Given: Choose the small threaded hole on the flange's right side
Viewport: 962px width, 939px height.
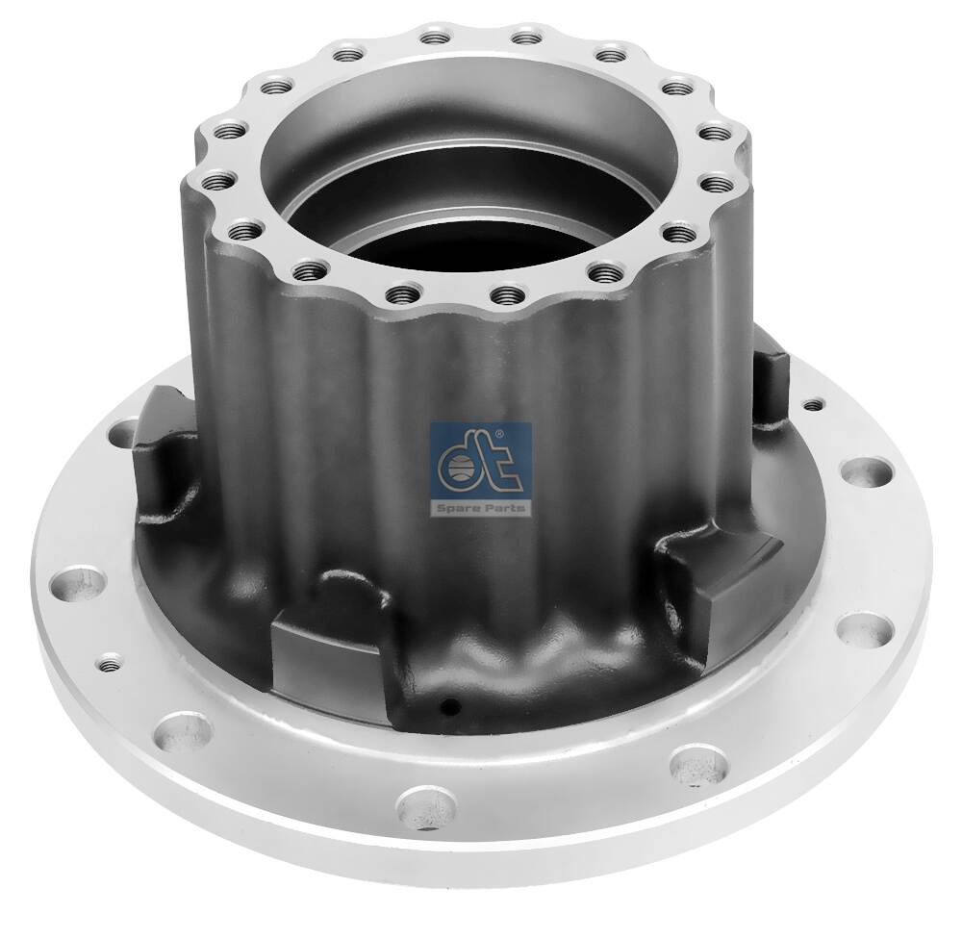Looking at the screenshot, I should tap(816, 405).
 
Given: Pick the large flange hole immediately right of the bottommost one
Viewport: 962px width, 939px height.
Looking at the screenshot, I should tap(689, 763).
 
